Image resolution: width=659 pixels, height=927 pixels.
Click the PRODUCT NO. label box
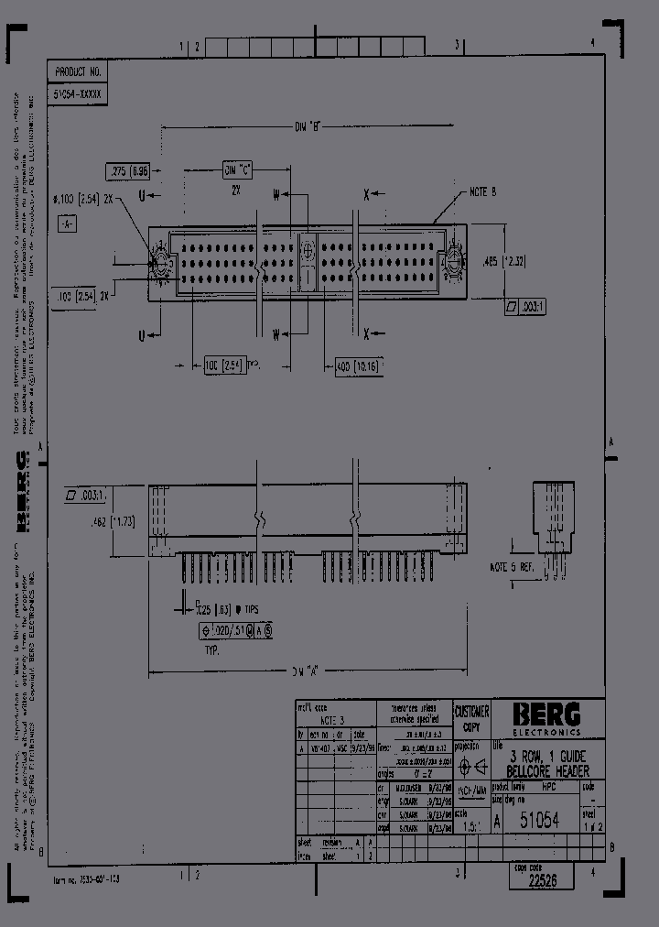tap(77, 71)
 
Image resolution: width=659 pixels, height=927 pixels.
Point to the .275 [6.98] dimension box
tap(128, 170)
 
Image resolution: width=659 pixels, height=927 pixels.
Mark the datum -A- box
tap(68, 223)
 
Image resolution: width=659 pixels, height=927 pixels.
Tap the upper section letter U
tap(141, 195)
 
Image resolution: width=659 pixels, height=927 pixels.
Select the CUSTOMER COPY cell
tap(472, 718)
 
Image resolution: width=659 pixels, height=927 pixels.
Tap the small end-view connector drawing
tap(555, 514)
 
